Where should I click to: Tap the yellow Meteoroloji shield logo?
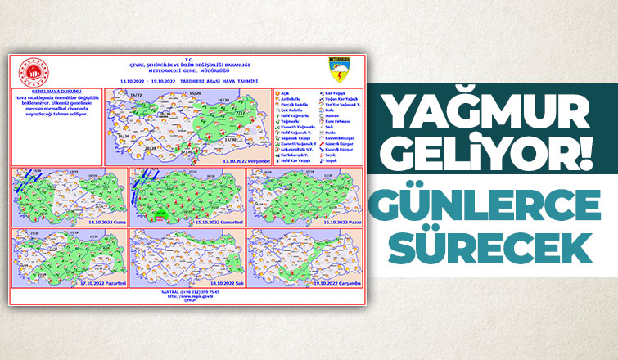tap(338, 66)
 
